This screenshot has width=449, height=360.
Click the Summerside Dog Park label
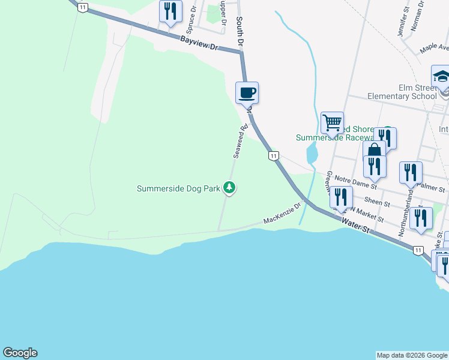pyautogui.click(x=178, y=188)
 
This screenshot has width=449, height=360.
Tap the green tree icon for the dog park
pyautogui.click(x=229, y=188)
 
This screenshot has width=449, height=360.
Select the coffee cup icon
pyautogui.click(x=247, y=93)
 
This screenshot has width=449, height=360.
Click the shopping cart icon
pyautogui.click(x=332, y=122)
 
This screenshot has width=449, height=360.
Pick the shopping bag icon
pyautogui.click(x=374, y=150)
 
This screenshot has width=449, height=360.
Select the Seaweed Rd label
pyautogui.click(x=240, y=142)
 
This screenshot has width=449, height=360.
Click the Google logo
pyautogui.click(x=20, y=353)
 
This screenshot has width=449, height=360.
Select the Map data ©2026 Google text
pyautogui.click(x=412, y=355)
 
